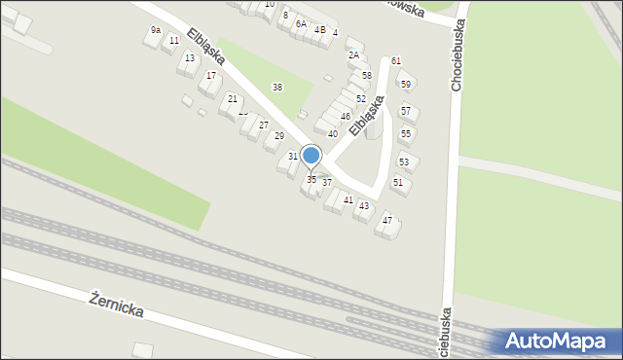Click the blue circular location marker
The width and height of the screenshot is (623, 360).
311,156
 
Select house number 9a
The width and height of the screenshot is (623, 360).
156,31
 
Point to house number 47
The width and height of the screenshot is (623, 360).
387,221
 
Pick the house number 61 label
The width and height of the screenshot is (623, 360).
396,61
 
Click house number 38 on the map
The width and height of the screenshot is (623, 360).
277,88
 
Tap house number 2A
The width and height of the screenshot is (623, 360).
353,55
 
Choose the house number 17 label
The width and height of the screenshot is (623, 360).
211,75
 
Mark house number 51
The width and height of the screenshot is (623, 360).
398,182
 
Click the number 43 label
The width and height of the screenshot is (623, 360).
364,206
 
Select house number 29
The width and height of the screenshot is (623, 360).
279,135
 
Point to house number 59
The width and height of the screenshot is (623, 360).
406,85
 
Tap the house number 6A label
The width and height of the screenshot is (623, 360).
301,23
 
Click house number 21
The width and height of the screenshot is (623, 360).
233,99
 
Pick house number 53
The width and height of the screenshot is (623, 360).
403,162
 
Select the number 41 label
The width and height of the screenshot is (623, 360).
348,199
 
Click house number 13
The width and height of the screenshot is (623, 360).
190,58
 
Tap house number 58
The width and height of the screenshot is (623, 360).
367,75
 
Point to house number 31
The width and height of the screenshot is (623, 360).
293,157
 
